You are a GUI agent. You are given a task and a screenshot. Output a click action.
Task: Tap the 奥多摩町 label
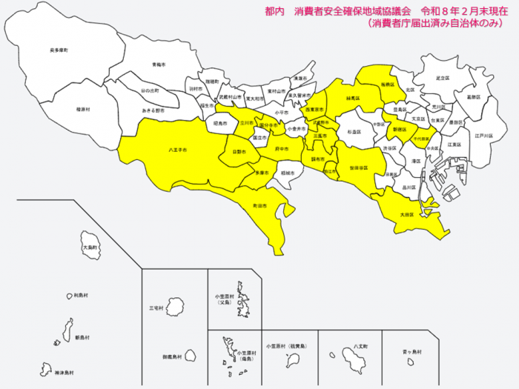click(x=59, y=50)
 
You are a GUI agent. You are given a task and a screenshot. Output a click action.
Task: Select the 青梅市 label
click(x=157, y=65)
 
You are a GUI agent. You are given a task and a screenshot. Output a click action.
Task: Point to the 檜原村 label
click(x=83, y=109)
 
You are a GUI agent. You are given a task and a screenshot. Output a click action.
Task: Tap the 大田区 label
click(x=406, y=214)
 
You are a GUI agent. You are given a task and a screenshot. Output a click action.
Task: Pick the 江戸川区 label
click(x=483, y=136)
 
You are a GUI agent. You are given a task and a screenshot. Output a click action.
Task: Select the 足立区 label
click(x=443, y=78)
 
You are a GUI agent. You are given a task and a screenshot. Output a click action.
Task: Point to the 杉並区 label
click(x=354, y=131)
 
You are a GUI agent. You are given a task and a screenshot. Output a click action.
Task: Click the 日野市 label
click(x=239, y=151)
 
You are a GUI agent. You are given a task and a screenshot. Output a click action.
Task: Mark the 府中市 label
click(x=281, y=149)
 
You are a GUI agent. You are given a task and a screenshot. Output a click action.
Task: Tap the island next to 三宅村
click(x=176, y=307)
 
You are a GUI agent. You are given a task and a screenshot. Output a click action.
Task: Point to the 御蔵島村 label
click(x=172, y=356)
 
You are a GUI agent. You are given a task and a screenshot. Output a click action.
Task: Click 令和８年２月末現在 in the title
click(x=463, y=10)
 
